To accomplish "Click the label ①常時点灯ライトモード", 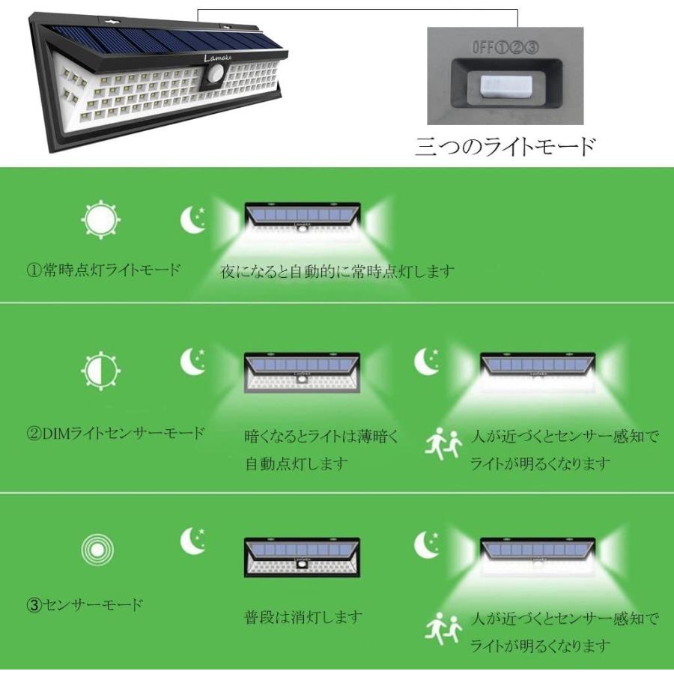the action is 103,270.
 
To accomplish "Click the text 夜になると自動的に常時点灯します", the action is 337,271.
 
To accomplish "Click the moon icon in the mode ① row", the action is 194,219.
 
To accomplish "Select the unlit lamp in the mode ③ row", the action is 303,558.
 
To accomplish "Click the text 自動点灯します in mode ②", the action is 296,464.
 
